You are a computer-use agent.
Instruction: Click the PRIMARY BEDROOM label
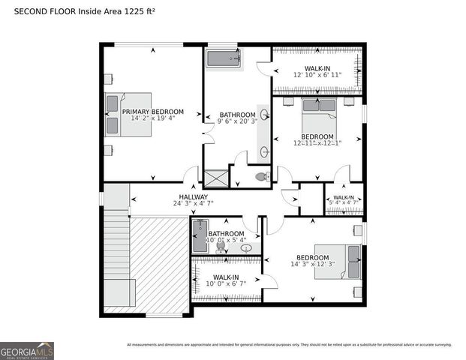click(152, 112)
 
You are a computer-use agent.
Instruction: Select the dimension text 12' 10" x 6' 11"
click(317, 75)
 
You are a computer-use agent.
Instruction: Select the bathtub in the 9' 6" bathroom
click(223, 59)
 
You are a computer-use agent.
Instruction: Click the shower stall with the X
click(216, 178)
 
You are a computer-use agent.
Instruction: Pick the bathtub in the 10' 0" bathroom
click(200, 236)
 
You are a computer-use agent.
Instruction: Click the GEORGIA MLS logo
click(27, 350)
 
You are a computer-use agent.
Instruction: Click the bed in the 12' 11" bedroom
click(320, 114)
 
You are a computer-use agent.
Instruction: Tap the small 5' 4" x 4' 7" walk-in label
click(344, 201)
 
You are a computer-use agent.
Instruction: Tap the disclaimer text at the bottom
click(289, 345)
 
